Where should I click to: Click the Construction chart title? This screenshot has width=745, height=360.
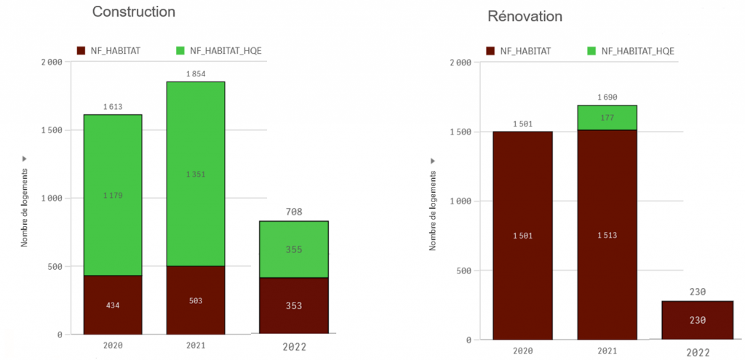point(134,12)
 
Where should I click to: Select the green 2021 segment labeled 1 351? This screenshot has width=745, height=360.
point(195,174)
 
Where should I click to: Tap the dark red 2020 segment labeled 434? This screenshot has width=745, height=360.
point(112,305)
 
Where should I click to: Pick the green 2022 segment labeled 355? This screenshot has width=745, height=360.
point(293,249)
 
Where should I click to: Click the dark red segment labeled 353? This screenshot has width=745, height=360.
point(293,306)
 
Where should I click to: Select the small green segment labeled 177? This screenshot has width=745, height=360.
point(607,118)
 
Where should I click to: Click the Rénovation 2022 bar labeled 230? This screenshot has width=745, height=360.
point(697,320)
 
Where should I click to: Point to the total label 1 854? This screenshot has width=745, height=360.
point(195,74)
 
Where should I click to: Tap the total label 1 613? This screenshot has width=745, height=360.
point(112,107)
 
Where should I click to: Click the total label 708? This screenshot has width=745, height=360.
point(293,212)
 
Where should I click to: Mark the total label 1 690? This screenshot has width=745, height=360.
point(607,97)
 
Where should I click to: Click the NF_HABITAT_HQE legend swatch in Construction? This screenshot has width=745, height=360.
point(181,51)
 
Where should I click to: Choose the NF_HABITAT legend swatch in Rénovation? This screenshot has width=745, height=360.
point(491,51)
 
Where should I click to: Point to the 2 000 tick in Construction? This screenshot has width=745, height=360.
point(51,63)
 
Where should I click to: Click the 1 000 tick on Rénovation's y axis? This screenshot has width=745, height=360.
point(460,201)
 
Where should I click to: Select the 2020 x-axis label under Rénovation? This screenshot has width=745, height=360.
point(522,350)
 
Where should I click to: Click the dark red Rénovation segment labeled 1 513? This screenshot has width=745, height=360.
point(607,235)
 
